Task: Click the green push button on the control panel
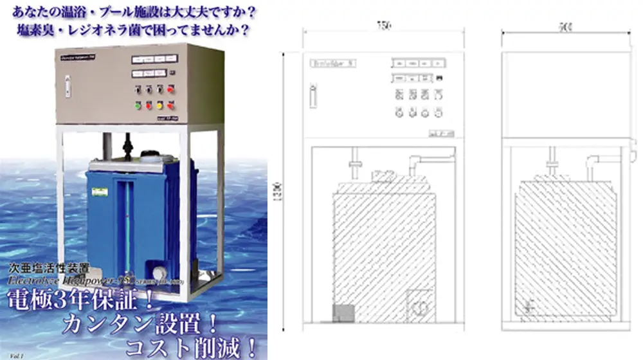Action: [137, 105]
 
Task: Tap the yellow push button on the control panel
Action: [159, 105]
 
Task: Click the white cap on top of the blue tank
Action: [149, 155]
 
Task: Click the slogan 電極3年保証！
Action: [71, 300]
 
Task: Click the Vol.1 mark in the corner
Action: [9, 353]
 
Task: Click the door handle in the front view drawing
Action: [312, 95]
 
